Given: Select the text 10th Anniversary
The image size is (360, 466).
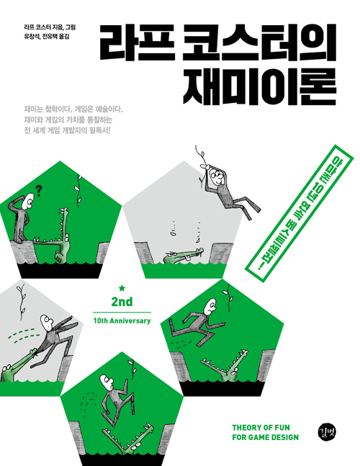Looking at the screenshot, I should pyautogui.click(x=121, y=321).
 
